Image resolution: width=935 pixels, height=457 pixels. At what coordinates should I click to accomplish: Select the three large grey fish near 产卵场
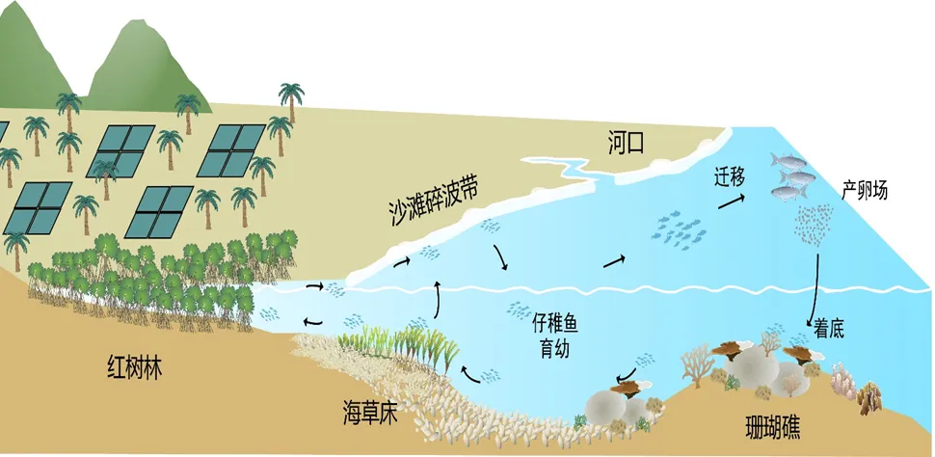(x=790, y=176)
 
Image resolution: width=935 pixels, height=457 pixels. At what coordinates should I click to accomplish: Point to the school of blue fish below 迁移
(x=680, y=228)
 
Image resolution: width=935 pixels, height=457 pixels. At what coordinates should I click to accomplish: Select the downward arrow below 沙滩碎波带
(x=500, y=257)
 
